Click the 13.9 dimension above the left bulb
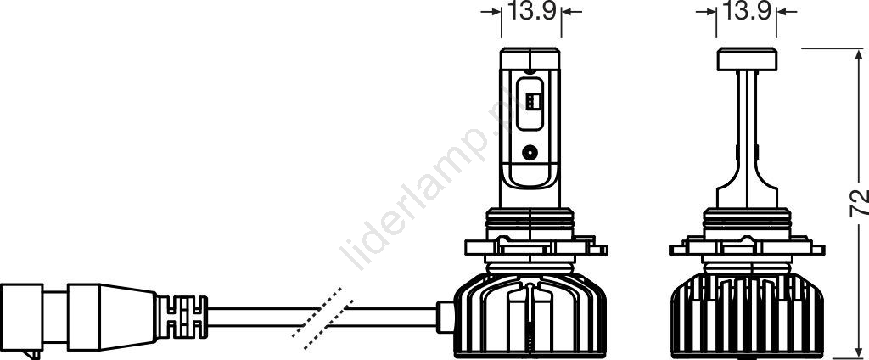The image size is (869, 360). [532, 12]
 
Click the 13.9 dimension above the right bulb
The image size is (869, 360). [747, 12]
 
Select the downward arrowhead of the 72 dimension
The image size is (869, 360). [859, 351]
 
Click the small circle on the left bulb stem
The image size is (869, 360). [530, 151]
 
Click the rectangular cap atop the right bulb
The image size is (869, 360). [746, 59]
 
